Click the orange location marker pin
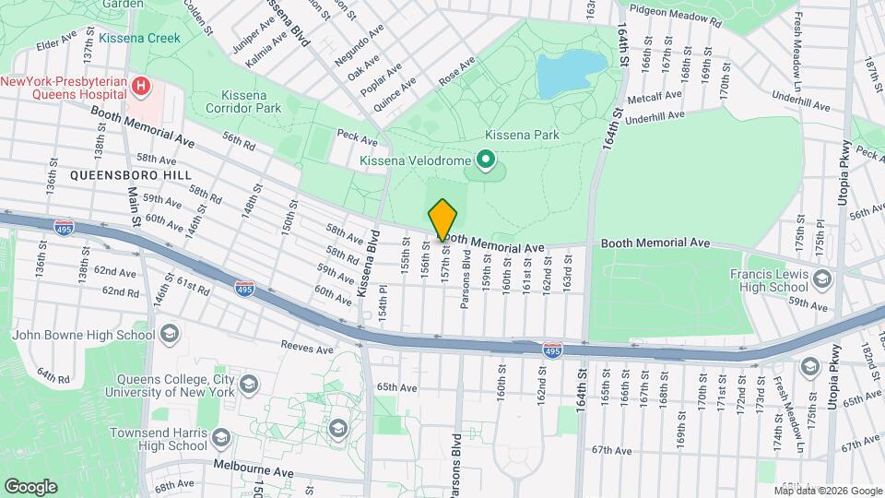pos(442,219)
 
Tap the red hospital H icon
pos(141,88)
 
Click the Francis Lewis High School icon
pos(821,277)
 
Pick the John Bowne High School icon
pos(169,334)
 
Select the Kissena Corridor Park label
pos(264,101)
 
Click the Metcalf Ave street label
pos(655,96)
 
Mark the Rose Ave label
pos(456,72)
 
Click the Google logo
pos(30,486)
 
